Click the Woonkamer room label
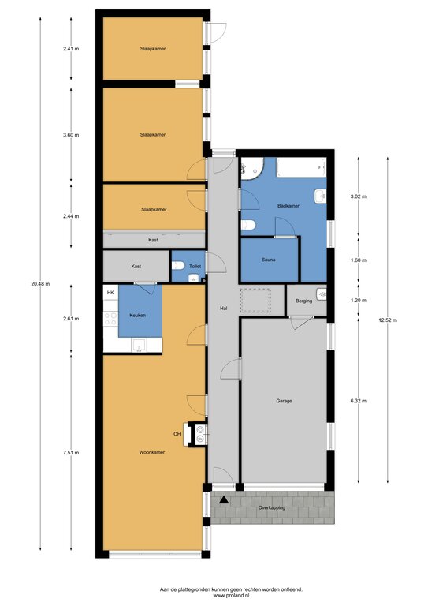point(151,452)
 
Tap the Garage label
point(284,401)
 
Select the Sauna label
point(269,260)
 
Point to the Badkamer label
point(288,206)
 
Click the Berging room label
point(303,301)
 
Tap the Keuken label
point(138,316)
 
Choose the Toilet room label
point(195,266)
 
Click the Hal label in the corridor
point(223,309)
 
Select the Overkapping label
point(272,507)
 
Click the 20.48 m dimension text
point(40,284)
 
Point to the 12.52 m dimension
point(388,320)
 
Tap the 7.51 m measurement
point(71,453)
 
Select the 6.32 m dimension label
point(358,401)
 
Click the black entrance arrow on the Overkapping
point(223,500)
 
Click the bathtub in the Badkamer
point(301,167)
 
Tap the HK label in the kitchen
point(110,293)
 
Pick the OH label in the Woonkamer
point(177,434)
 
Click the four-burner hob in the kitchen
point(111,319)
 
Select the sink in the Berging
point(322,294)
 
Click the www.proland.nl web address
point(231,596)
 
